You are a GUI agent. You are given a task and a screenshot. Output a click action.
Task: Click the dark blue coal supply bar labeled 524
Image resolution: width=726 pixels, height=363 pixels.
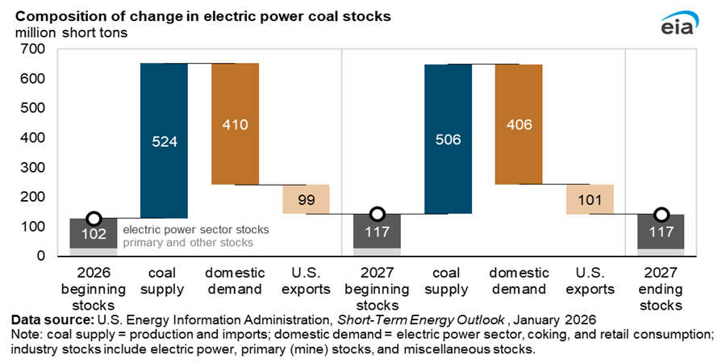(165, 140)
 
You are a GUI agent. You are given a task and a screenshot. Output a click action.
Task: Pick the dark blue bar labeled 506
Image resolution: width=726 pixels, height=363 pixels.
(448, 139)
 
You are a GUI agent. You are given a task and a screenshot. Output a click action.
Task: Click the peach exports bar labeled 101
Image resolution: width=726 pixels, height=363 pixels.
(590, 198)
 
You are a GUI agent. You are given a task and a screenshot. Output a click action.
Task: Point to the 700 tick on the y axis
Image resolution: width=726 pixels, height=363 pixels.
(35, 49)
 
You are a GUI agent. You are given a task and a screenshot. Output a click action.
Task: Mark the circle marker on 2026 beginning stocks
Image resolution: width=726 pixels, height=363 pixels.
(94, 219)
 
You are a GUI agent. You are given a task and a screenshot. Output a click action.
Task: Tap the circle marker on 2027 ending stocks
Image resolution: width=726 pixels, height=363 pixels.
(661, 215)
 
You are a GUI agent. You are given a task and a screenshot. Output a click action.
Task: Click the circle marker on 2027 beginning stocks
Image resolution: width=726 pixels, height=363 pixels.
(377, 214)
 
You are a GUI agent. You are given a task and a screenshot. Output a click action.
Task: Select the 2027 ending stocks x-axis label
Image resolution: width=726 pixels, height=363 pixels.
(661, 289)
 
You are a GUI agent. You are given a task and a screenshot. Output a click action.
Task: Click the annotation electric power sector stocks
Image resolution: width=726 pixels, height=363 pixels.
(195, 230)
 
